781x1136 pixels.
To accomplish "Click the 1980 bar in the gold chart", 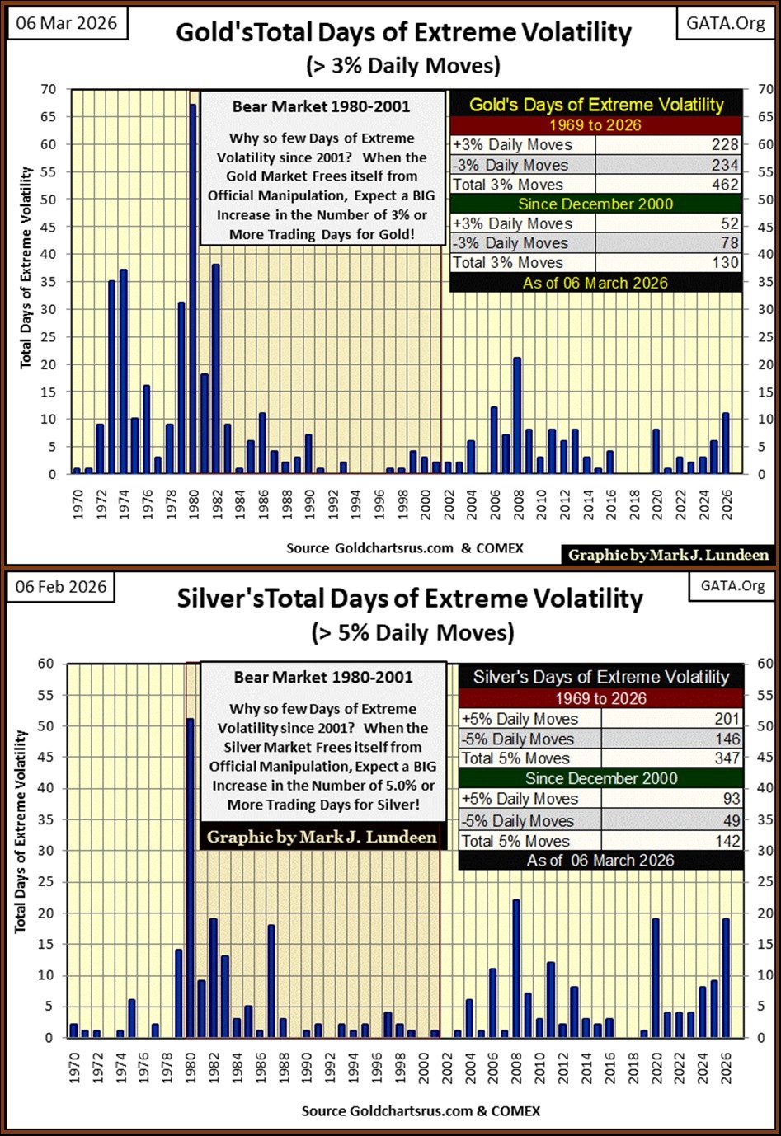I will [x=193, y=289].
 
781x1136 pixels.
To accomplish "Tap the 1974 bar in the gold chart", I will [x=123, y=371].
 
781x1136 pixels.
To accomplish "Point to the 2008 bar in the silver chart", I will [x=516, y=968].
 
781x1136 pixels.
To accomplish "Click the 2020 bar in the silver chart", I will [x=656, y=978].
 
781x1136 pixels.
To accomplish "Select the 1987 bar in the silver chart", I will [x=271, y=981].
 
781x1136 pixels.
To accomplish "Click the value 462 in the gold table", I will [x=725, y=185].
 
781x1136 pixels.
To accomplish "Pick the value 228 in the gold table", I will [x=725, y=145].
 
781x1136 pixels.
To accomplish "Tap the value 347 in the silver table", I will [x=727, y=758].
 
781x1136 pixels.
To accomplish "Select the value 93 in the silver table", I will [x=731, y=798].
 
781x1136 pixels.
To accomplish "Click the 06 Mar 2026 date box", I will [x=67, y=22].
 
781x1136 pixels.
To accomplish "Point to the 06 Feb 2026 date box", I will [x=61, y=586].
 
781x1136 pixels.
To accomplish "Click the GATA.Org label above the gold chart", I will [x=726, y=22].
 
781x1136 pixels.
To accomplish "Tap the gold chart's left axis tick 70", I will [x=49, y=89].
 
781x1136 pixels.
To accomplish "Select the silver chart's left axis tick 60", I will [x=45, y=664].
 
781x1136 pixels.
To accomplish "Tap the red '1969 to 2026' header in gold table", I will [x=595, y=125].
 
